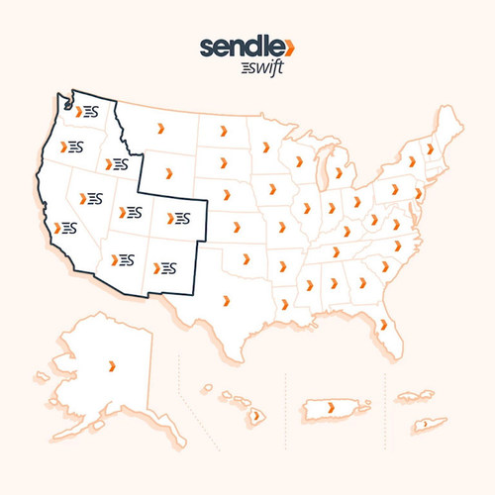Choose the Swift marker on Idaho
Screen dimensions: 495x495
coord(119,162)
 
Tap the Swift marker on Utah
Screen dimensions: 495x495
coord(131,211)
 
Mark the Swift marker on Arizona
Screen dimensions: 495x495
coord(124,258)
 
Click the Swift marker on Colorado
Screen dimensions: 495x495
coord(180,217)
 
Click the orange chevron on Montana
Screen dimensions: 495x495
coord(162,130)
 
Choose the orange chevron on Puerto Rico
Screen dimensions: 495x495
coord(330,407)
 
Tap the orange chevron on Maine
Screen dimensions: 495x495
coord(431,148)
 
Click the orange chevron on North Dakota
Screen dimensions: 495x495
coord(222,129)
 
